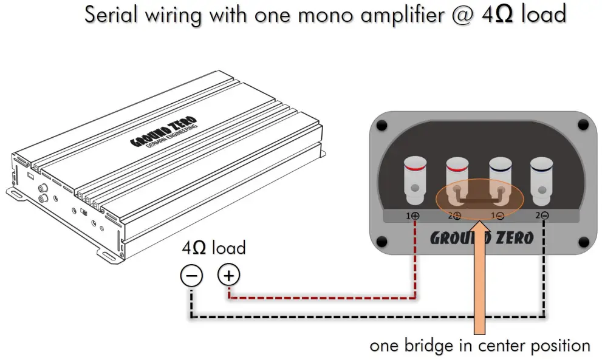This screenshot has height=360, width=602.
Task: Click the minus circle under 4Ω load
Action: (191, 276)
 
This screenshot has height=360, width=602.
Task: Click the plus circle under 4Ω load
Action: (228, 276)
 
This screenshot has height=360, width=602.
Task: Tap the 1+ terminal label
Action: (412, 216)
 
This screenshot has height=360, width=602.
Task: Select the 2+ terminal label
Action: (455, 216)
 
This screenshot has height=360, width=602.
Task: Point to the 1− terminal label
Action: (498, 216)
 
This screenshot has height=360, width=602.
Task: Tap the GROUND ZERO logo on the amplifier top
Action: (168, 134)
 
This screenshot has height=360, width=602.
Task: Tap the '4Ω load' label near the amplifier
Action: (214, 248)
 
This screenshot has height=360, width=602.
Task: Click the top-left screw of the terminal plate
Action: (381, 126)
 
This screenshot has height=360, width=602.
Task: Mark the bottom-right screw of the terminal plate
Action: (582, 243)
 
